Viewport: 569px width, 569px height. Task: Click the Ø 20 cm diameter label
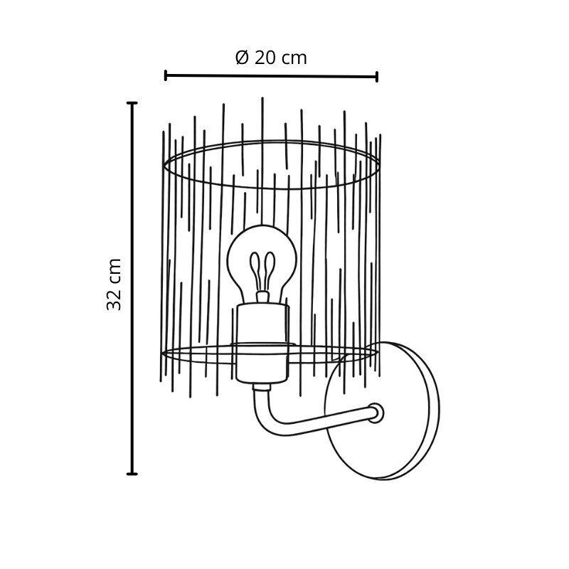tap(271, 58)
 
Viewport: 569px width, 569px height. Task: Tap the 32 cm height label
tap(114, 284)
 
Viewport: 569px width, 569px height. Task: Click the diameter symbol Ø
tap(242, 58)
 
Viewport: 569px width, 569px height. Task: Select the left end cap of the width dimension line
tap(166, 75)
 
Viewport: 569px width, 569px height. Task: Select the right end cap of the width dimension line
tap(377, 77)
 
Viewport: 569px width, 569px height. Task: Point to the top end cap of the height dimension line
tap(132, 103)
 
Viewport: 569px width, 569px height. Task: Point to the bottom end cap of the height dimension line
tap(132, 474)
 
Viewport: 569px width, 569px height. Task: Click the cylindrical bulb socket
tap(262, 344)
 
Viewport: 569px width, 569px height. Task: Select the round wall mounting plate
tap(382, 411)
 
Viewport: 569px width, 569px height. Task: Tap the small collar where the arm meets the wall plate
tap(376, 413)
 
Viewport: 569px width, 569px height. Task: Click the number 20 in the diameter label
tap(265, 58)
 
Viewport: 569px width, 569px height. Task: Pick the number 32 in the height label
tap(114, 299)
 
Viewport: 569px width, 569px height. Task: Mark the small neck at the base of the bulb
tap(262, 297)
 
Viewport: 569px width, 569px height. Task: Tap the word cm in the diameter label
tap(294, 59)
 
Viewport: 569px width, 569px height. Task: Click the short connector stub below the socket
tap(262, 387)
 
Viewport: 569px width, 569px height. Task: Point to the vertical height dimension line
tap(132, 289)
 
